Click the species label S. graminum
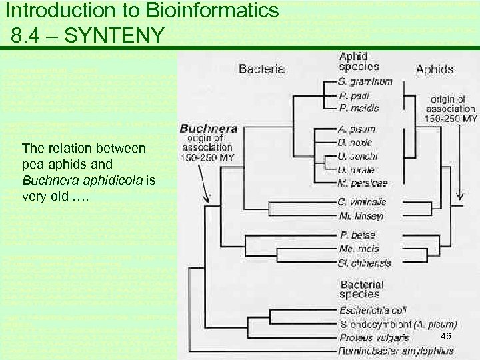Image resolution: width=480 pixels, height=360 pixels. (365, 82)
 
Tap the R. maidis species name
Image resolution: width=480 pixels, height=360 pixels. (359, 108)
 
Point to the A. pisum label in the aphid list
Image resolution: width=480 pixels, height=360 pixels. (356, 129)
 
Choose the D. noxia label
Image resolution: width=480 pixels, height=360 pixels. (355, 143)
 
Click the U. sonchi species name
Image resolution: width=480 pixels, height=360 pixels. (357, 156)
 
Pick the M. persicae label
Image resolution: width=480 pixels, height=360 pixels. (363, 183)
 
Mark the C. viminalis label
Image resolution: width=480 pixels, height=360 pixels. (362, 202)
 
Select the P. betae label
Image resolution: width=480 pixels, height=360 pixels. (357, 235)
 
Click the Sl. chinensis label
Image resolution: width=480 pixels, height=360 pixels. (365, 263)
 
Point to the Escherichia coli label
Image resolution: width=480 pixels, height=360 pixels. (373, 310)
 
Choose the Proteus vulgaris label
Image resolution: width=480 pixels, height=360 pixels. (374, 338)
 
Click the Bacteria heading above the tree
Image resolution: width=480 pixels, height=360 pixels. (262, 69)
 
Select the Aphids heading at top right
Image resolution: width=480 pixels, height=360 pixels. (435, 69)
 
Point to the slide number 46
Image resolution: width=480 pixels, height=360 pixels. (446, 336)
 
